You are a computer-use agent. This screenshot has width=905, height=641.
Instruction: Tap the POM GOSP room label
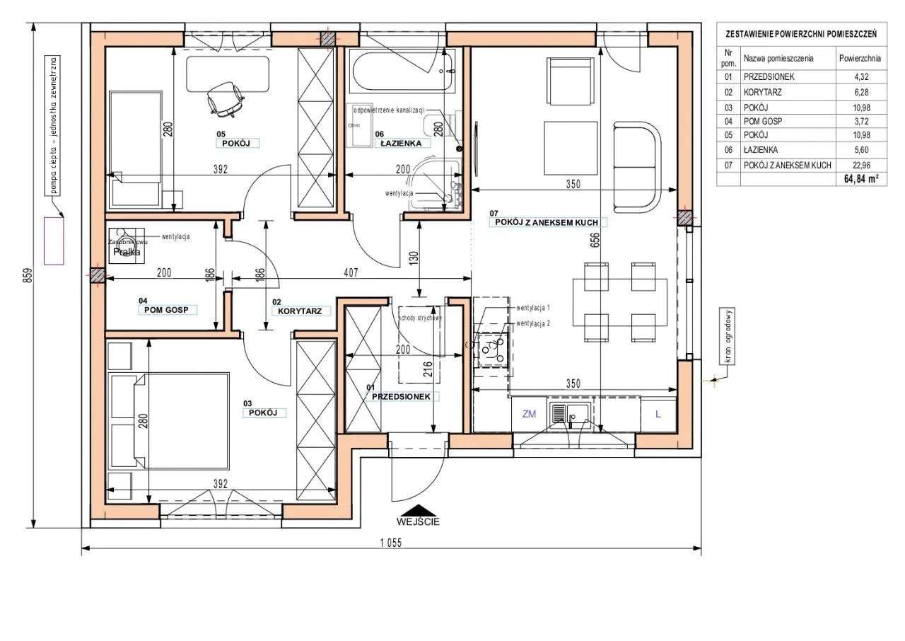pyautogui.click(x=166, y=310)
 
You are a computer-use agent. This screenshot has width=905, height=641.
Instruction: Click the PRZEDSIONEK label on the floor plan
pyautogui.click(x=402, y=397)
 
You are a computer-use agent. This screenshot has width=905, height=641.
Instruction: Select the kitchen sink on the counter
pyautogui.click(x=569, y=415)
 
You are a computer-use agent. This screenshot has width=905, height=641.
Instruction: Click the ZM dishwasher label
pyautogui.click(x=529, y=415)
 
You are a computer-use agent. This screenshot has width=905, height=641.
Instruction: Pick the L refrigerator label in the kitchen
pyautogui.click(x=658, y=415)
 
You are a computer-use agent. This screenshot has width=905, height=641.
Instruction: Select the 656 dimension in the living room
pyautogui.click(x=595, y=241)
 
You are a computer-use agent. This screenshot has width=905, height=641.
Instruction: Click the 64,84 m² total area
pyautogui.click(x=860, y=180)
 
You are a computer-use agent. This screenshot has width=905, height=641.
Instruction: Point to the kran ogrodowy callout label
pyautogui.click(x=727, y=337)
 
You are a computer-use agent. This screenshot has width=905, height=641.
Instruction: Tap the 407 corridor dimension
pyautogui.click(x=351, y=271)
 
